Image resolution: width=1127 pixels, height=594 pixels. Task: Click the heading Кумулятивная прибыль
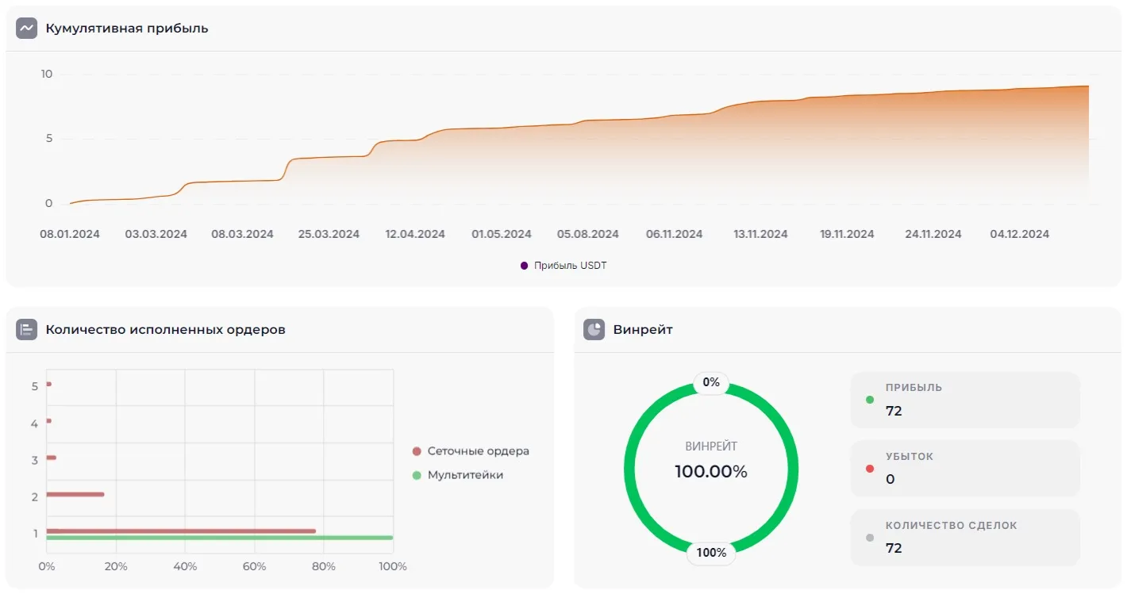(x=127, y=29)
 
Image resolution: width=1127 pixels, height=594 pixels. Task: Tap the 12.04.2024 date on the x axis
(x=415, y=234)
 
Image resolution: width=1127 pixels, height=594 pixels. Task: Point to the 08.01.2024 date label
(x=70, y=234)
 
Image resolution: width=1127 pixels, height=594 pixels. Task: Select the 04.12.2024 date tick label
(x=1020, y=234)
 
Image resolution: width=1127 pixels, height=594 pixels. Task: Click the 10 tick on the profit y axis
(x=47, y=74)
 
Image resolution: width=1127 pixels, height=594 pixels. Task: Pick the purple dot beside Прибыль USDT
(x=524, y=266)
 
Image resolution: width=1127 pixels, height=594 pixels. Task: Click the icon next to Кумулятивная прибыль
(x=27, y=28)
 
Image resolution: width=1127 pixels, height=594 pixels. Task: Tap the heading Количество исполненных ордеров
(x=165, y=329)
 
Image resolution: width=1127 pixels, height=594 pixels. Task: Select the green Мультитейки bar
(x=219, y=538)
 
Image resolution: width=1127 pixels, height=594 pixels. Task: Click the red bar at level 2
(x=75, y=494)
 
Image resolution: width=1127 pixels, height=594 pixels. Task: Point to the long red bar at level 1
(x=181, y=531)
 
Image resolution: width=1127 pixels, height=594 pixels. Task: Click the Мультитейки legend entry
(x=465, y=475)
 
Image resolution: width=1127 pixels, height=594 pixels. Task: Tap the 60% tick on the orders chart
(x=254, y=566)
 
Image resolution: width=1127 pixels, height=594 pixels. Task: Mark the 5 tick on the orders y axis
(x=35, y=387)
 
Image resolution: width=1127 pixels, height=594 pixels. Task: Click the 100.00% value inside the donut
(x=711, y=472)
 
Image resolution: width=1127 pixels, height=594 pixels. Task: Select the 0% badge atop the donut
(x=711, y=382)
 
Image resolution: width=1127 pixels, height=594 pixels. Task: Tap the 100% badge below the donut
(x=711, y=553)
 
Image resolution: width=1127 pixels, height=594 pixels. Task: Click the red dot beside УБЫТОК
(x=870, y=469)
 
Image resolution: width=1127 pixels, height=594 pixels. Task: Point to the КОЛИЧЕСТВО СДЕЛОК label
(x=951, y=525)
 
